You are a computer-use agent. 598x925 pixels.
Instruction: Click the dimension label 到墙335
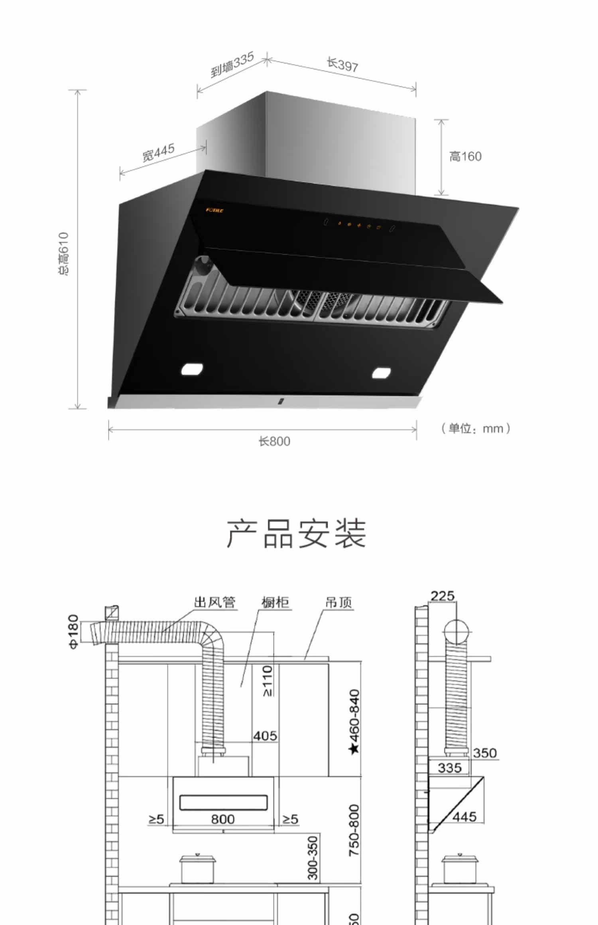point(232,65)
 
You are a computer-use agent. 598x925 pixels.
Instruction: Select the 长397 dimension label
point(342,65)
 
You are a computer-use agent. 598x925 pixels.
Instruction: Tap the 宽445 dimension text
point(158,153)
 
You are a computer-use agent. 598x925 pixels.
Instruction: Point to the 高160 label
point(465,157)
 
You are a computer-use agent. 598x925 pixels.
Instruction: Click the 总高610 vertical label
point(63,254)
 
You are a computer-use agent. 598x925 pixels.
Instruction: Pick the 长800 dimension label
point(274,441)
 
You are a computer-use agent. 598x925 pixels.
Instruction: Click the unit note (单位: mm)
point(476,429)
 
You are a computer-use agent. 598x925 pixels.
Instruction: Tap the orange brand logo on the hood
point(214,210)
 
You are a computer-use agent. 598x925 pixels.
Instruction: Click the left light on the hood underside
point(192,369)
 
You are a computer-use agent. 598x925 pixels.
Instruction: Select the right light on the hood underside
point(382,373)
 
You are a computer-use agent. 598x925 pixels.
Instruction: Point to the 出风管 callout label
point(214,602)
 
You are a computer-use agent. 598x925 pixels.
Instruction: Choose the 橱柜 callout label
point(275,602)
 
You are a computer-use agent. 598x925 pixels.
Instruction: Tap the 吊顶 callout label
point(338,602)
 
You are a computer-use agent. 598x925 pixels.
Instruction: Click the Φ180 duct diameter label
point(74,631)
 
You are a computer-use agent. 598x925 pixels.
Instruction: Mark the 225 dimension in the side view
point(443,596)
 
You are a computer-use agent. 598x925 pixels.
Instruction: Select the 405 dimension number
point(265,735)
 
